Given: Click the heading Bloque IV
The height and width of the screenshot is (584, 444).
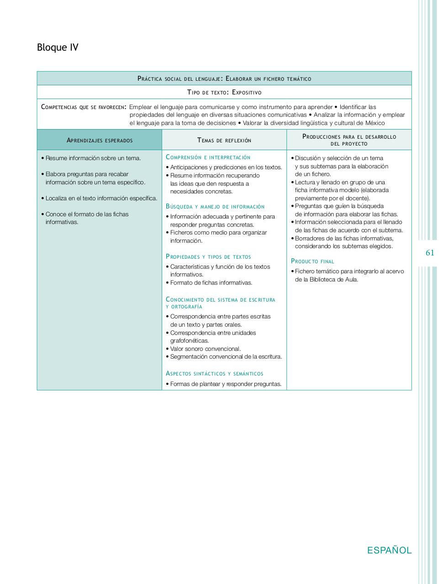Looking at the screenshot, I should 58,47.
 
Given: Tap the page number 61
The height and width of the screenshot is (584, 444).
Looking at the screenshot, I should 430,253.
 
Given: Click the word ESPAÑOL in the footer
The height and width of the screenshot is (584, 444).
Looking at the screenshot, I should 389,550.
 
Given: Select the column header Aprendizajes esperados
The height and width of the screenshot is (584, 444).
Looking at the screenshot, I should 100,140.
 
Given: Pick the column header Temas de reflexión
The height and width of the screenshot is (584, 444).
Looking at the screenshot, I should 224,140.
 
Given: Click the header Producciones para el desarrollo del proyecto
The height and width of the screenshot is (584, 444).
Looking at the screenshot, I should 349,140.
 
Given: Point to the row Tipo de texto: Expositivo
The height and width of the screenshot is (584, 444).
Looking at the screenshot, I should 224,92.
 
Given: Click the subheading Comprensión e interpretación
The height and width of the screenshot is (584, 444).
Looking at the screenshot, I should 208,157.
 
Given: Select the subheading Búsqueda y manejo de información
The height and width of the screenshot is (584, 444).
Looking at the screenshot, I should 215,207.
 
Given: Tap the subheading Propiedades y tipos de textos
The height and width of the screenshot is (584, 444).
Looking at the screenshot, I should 208,257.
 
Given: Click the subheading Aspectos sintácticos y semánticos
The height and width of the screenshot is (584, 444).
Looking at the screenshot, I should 214,374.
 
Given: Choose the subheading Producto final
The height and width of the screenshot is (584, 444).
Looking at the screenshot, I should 312,261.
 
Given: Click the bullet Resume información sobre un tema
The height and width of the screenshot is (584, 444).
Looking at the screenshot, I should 93,158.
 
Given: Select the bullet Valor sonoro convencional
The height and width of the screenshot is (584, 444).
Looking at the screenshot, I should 205,349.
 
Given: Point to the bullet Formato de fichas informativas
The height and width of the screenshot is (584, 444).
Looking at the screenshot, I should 211,283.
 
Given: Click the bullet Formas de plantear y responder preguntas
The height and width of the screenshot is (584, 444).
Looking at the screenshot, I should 226,384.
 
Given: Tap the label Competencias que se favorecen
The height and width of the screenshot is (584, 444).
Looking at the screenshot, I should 83,107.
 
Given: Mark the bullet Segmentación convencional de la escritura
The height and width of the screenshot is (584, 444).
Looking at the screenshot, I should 226,357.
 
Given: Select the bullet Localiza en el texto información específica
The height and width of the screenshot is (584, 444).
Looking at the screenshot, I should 101,198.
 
